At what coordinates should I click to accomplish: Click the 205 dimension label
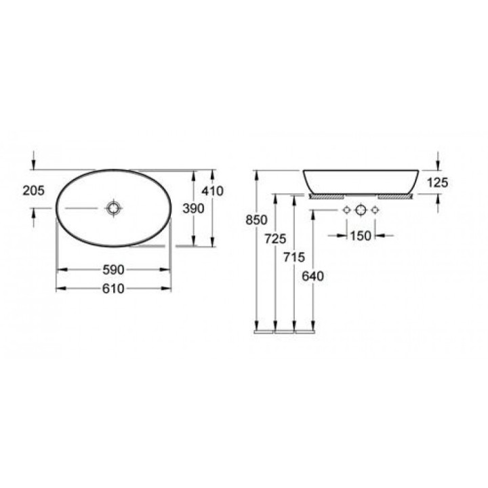click(34, 190)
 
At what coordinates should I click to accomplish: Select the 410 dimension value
click(213, 190)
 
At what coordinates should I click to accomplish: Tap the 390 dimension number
click(194, 209)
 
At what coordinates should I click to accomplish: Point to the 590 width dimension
click(114, 270)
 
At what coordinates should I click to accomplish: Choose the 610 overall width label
click(114, 289)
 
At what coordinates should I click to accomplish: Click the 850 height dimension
click(256, 220)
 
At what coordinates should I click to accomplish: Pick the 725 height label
click(275, 239)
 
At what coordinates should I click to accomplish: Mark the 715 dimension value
click(294, 258)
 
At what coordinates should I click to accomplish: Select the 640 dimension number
click(313, 276)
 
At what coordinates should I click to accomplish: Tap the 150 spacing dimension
click(361, 236)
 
